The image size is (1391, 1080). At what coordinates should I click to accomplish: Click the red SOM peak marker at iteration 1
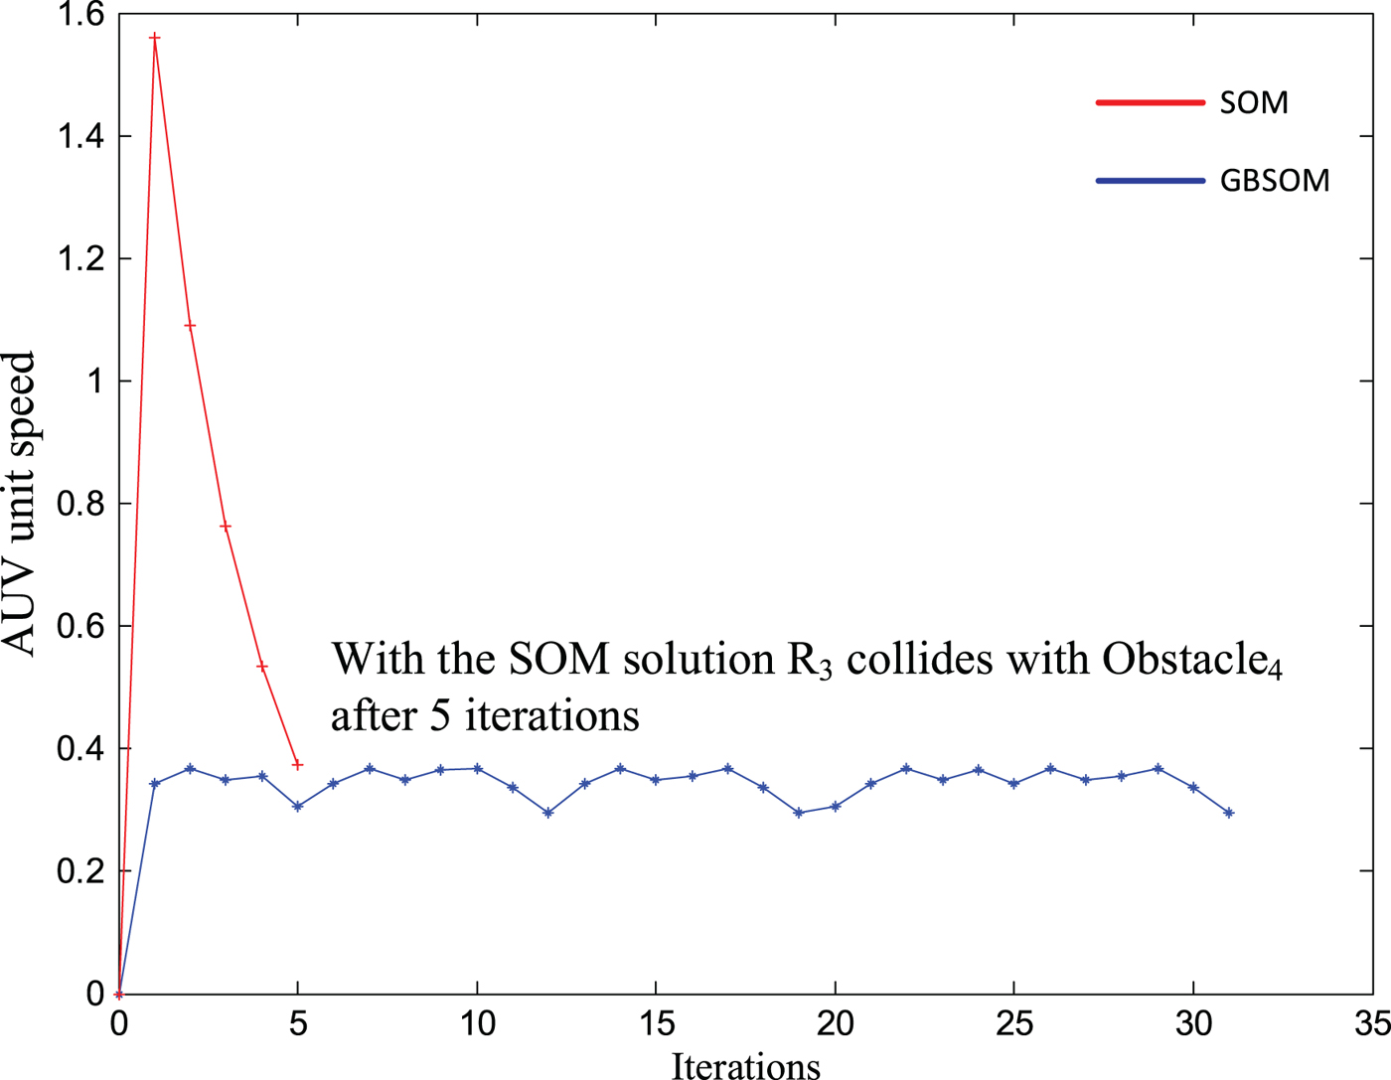(154, 38)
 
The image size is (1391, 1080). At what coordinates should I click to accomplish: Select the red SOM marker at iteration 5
(297, 765)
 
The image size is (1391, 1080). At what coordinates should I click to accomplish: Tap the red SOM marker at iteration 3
(226, 527)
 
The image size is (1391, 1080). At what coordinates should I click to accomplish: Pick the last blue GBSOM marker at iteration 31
(1229, 813)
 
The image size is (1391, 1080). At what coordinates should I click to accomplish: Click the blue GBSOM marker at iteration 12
(548, 813)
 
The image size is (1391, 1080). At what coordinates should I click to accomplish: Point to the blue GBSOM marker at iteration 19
(799, 813)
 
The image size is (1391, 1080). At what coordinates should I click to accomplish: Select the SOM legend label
(1254, 102)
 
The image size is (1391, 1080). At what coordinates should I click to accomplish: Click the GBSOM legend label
(1275, 181)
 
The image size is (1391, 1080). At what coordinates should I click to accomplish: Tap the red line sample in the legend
(1150, 102)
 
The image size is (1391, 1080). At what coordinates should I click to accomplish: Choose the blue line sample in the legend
(1150, 181)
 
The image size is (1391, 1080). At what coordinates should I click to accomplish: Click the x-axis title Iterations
(746, 1065)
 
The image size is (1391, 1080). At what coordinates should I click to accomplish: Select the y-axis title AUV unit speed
(20, 504)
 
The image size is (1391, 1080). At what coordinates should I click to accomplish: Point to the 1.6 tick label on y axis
(80, 15)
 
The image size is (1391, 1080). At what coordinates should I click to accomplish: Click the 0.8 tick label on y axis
(80, 504)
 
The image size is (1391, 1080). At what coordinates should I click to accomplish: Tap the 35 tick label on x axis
(1372, 1022)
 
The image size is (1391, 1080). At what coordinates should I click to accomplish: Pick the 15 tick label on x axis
(656, 1022)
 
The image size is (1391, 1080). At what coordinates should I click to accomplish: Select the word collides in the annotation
(919, 660)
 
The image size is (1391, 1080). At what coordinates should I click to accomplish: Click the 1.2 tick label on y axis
(80, 259)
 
